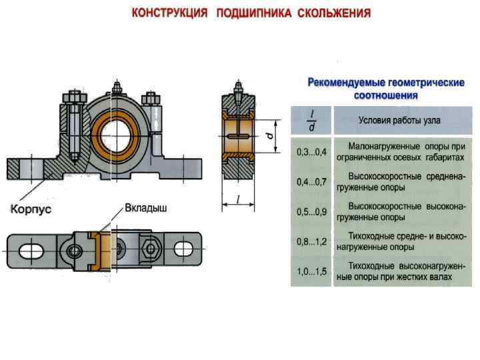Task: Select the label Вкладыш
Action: (145, 208)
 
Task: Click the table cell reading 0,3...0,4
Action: (311, 151)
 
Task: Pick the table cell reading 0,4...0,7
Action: (311, 181)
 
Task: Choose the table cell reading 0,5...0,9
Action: (311, 211)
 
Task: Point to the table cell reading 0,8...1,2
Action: (311, 241)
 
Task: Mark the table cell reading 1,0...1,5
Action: (311, 271)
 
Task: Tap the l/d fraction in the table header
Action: (311, 121)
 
